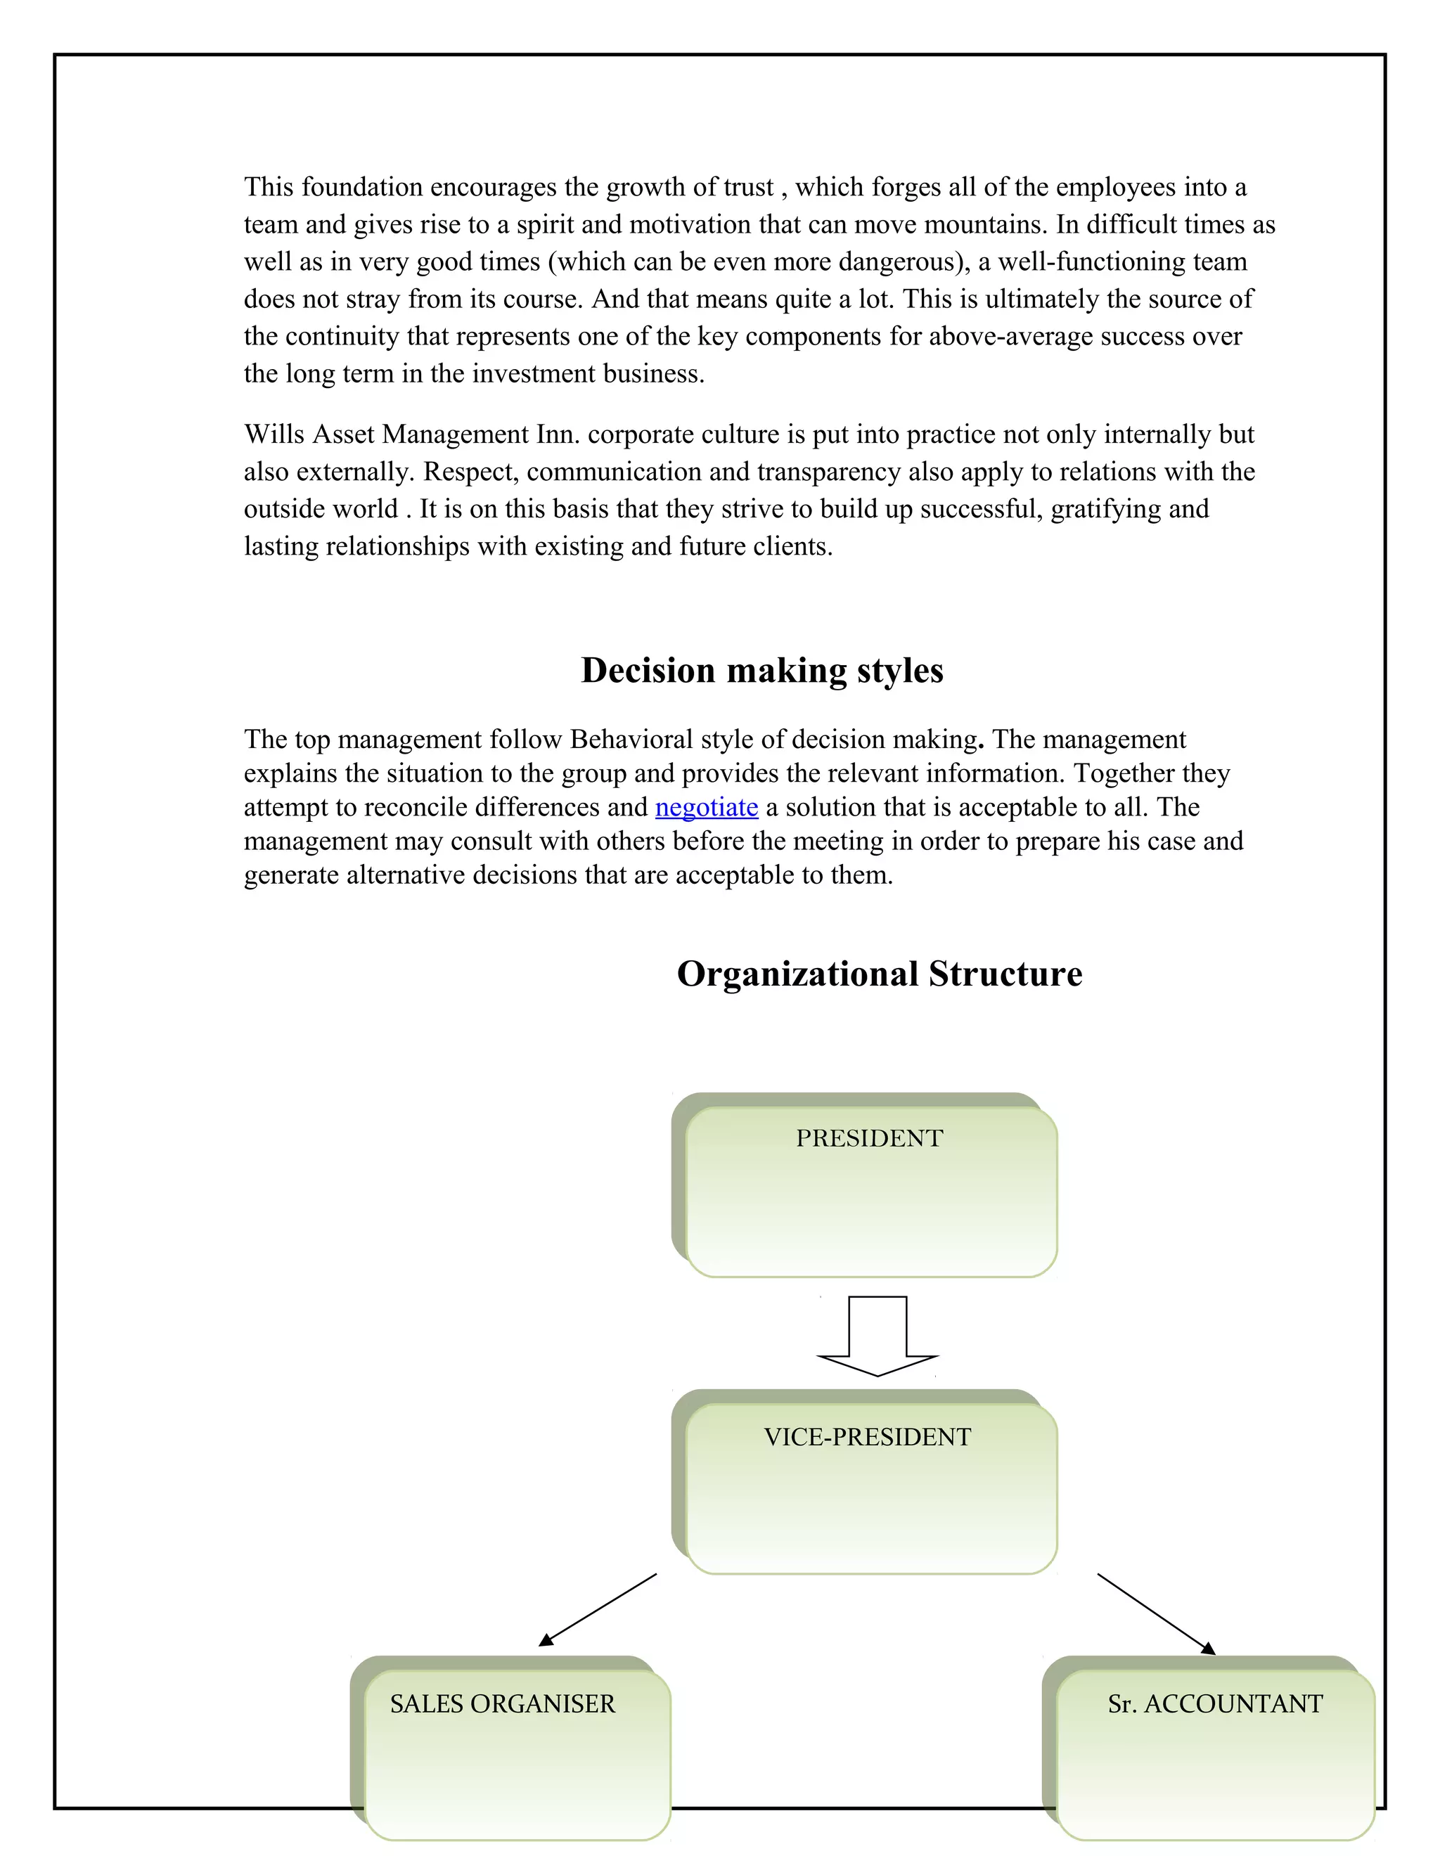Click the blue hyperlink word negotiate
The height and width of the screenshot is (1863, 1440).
click(707, 807)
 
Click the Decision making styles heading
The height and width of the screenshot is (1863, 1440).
click(761, 671)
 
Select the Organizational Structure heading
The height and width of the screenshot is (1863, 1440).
click(879, 974)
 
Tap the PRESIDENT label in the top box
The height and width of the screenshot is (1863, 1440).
click(868, 1139)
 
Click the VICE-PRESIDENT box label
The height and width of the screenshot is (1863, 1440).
click(867, 1438)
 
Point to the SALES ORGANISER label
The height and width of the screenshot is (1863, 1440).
click(503, 1704)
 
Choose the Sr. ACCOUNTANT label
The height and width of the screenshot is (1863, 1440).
click(1215, 1704)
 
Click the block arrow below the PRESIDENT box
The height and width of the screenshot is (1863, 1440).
click(877, 1335)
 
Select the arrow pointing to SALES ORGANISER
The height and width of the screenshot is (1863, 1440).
click(597, 1610)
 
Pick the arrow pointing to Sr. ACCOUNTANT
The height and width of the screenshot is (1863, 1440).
click(1156, 1614)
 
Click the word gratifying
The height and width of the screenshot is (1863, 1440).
click(1105, 509)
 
